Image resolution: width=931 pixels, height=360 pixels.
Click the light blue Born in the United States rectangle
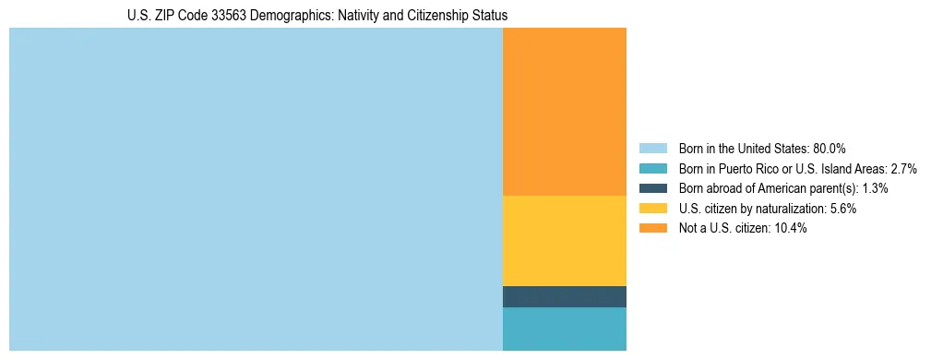click(x=256, y=189)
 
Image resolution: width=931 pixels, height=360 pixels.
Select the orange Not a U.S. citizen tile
click(x=564, y=112)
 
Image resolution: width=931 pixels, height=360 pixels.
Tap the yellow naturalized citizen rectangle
click(x=564, y=241)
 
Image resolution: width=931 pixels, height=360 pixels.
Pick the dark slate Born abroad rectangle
click(x=564, y=296)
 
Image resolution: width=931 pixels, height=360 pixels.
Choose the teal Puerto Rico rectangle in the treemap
click(x=564, y=329)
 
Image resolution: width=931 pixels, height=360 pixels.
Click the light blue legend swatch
click(x=652, y=149)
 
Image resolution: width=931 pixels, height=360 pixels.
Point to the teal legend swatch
click(x=652, y=169)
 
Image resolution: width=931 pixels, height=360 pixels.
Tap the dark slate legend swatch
click(x=652, y=188)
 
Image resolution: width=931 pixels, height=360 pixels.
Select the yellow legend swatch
click(x=652, y=209)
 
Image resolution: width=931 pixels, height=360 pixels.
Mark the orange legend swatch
click(x=652, y=229)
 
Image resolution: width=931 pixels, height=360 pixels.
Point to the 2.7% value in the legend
click(x=904, y=169)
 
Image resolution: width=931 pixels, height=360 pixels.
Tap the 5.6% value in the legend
click(x=841, y=209)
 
